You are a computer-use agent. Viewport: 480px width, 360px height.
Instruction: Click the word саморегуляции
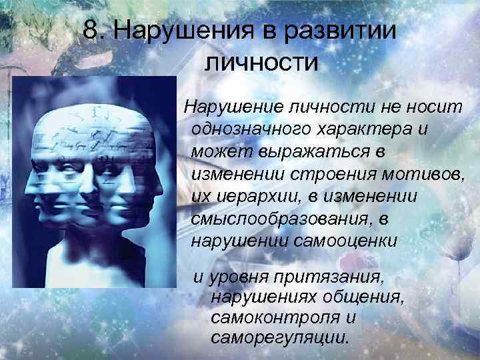click(279, 337)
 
